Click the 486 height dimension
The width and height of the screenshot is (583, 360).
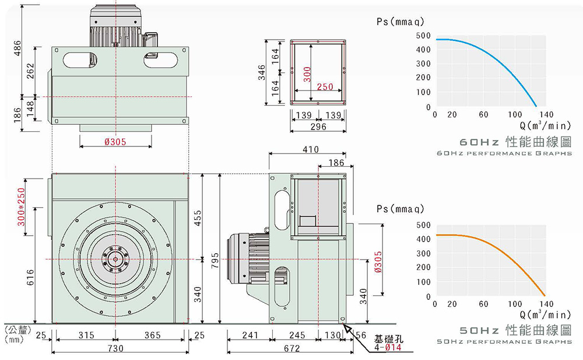17,49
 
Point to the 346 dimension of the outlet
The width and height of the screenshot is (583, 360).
263,72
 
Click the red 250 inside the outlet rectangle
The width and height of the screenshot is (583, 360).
325,87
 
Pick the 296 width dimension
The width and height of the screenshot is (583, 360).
318,127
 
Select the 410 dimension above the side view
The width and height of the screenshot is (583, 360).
311,150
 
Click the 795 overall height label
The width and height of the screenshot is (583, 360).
215,259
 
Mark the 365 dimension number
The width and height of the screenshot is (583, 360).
153,335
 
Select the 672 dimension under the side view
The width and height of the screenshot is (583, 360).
291,348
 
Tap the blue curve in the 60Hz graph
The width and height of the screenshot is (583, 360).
501,58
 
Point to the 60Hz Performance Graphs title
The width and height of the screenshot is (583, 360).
504,153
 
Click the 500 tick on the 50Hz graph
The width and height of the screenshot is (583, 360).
423,225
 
